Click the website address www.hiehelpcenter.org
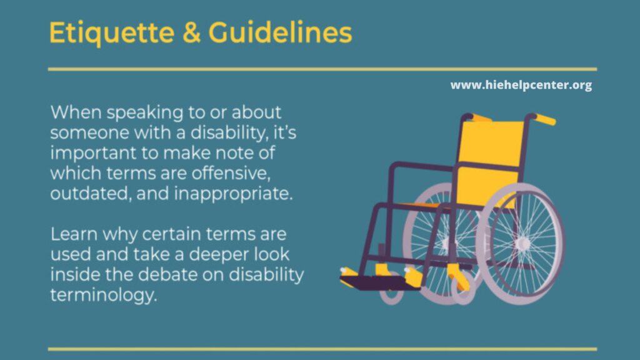point(521,86)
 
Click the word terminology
point(102,296)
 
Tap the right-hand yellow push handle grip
point(544,119)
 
